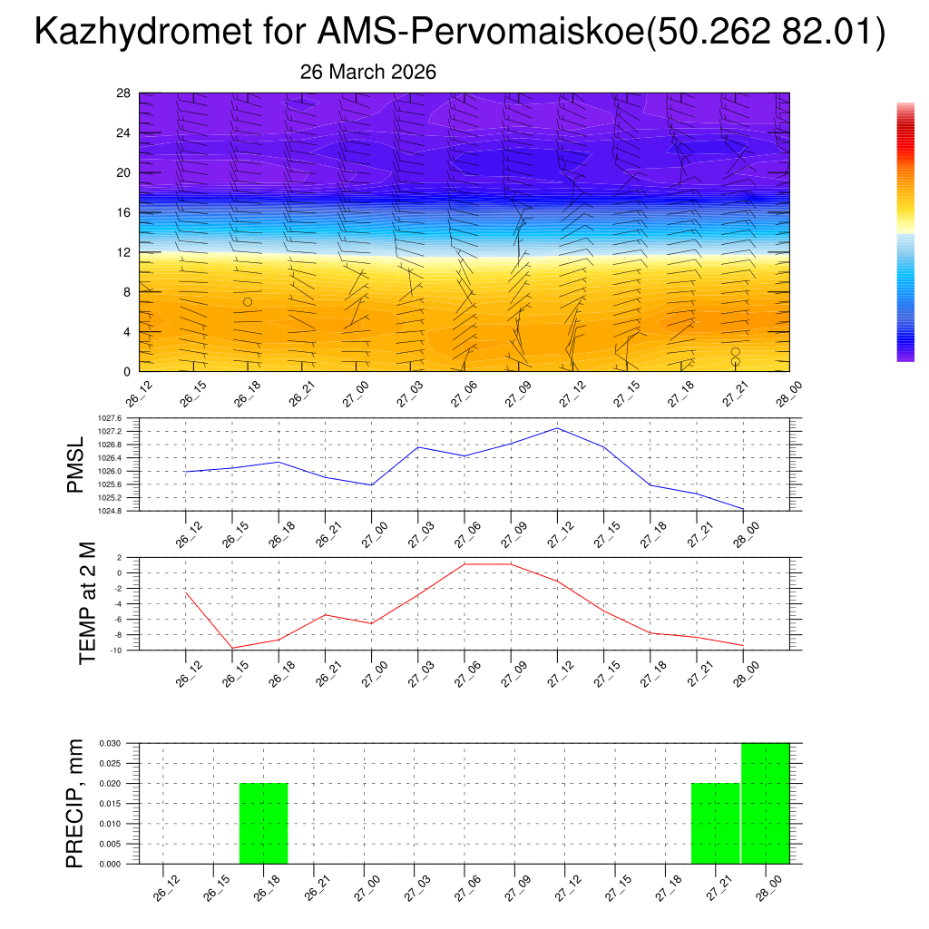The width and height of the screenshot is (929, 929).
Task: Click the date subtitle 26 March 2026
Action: click(x=367, y=73)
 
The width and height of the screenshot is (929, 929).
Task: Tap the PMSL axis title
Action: click(x=77, y=464)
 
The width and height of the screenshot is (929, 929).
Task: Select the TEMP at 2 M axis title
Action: click(x=87, y=603)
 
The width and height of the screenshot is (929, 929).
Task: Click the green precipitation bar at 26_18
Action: click(x=263, y=824)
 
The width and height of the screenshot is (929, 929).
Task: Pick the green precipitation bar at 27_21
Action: click(x=715, y=824)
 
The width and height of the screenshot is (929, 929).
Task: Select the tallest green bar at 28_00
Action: click(x=765, y=803)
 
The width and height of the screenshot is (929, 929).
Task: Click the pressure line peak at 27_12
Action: click(x=557, y=428)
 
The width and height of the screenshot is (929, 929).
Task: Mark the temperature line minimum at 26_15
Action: click(x=232, y=648)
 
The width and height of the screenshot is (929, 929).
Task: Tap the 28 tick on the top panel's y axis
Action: click(x=124, y=93)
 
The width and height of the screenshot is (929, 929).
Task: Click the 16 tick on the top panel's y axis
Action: click(x=124, y=212)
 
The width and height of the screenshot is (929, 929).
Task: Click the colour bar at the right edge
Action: click(x=905, y=232)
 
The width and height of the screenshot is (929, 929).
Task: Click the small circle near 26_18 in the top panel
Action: click(x=248, y=301)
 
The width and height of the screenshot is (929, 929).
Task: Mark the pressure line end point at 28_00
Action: click(x=743, y=509)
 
